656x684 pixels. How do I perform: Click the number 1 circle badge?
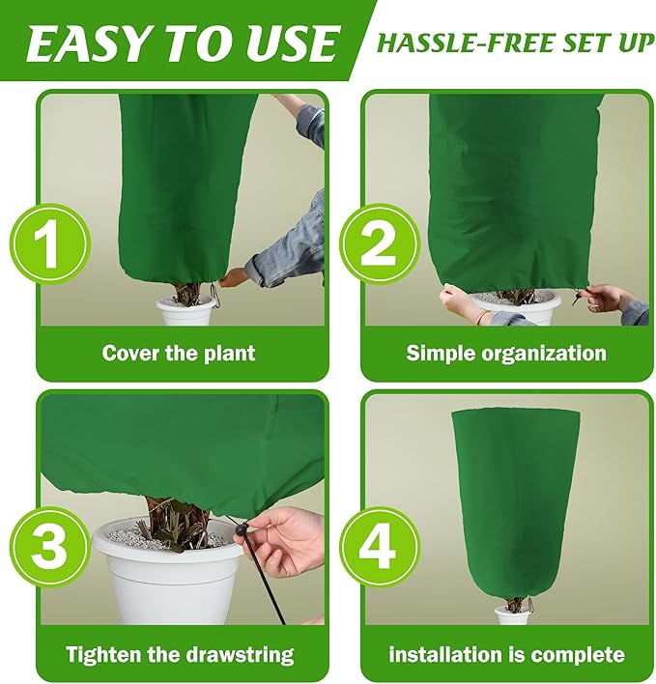[x=49, y=242]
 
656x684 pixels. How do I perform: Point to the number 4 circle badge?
[x=378, y=546]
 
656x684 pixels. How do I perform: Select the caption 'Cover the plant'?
[x=179, y=353]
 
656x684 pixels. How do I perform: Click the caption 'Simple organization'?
[x=506, y=353]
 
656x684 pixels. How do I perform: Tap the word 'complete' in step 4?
[x=576, y=654]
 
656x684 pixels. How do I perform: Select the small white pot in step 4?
[x=511, y=615]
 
